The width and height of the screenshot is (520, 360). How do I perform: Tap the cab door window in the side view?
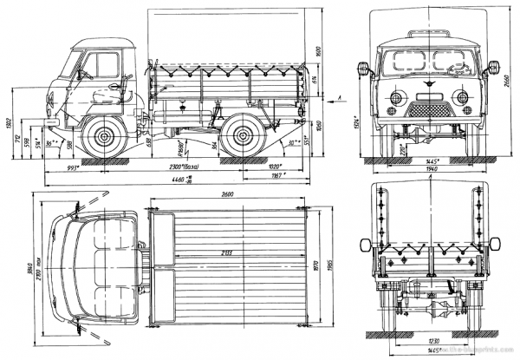coord(105,66)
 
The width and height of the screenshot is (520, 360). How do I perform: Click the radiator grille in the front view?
coord(428,110)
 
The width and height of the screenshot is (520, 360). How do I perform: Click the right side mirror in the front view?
coord(495,67)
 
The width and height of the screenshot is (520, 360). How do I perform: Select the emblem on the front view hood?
coord(428,87)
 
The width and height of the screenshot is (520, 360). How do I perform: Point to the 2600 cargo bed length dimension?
coord(228,194)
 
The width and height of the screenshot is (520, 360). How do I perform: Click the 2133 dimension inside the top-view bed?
coord(227,252)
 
